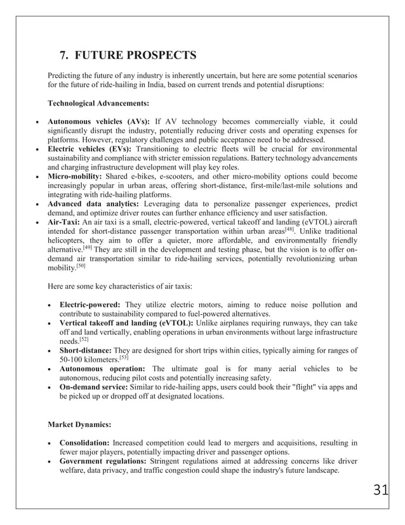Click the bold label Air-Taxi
click(x=75, y=222)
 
